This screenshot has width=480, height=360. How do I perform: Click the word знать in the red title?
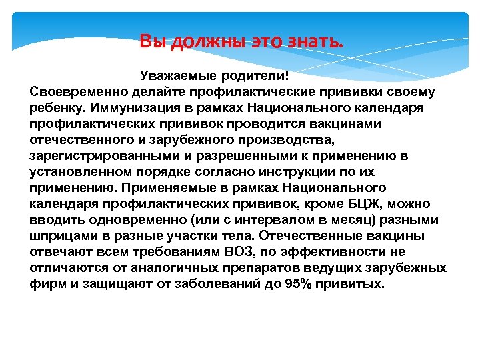coord(319,42)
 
